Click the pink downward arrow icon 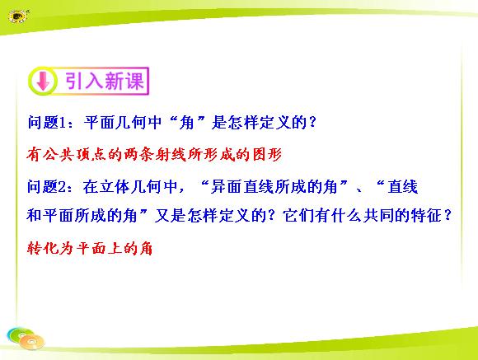43,81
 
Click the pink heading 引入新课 105,81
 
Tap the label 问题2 47,186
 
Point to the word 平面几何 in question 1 123,123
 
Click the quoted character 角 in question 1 187,123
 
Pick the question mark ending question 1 312,122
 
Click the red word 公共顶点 74,154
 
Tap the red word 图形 267,154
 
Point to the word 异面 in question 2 226,186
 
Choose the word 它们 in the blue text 298,216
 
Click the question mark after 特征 448,215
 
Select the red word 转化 43,248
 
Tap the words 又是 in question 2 170,216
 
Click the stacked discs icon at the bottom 26,338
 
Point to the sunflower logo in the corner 18,16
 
